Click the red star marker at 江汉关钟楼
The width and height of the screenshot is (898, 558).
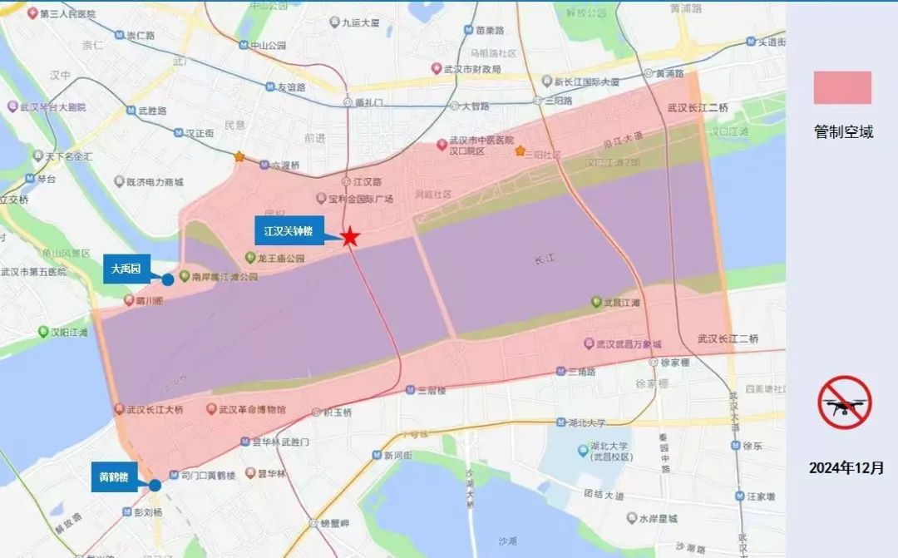(350, 237)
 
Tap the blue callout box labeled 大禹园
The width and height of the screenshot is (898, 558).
(126, 269)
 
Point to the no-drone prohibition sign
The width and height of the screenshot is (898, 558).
(843, 402)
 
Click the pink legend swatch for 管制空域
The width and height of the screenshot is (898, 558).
(842, 88)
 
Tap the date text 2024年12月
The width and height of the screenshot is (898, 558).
(843, 468)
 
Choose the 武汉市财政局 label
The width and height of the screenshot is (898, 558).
(474, 68)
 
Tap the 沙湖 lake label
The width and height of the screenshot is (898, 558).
(507, 541)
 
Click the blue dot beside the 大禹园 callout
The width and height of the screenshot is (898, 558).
(167, 279)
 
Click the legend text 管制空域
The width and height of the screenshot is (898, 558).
(843, 132)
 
